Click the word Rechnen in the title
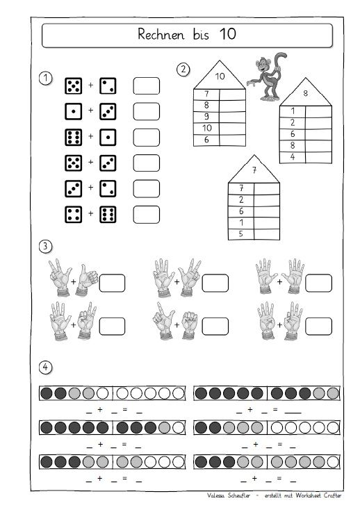click(161, 34)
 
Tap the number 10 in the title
click(228, 33)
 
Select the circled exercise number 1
click(46, 79)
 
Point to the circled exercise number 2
click(183, 69)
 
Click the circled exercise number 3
click(46, 246)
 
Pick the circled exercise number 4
click(46, 367)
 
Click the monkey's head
click(263, 64)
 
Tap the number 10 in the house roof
click(220, 76)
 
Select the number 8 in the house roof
click(305, 93)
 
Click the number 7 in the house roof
click(254, 170)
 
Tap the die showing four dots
click(73, 214)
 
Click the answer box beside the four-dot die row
click(147, 215)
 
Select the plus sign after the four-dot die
click(91, 213)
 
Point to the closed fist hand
click(190, 325)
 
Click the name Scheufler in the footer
click(238, 495)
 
